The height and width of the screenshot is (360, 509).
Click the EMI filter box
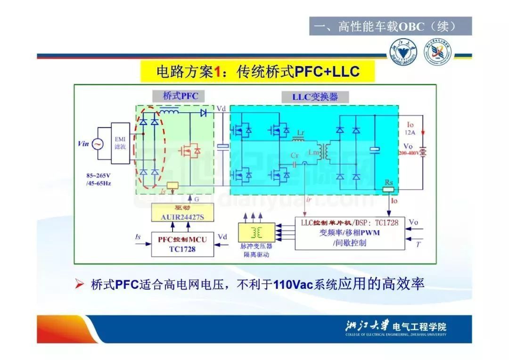point(120,143)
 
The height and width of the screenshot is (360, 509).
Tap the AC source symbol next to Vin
point(98,144)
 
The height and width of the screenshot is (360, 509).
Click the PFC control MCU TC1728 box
point(182,244)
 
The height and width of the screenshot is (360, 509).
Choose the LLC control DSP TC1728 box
point(350,233)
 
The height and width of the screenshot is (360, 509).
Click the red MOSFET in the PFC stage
point(190,150)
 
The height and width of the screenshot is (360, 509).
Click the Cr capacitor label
point(295,155)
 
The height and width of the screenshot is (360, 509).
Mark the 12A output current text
point(410,132)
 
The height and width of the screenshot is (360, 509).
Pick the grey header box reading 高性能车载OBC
point(390,26)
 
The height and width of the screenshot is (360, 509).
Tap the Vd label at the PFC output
point(221,109)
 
